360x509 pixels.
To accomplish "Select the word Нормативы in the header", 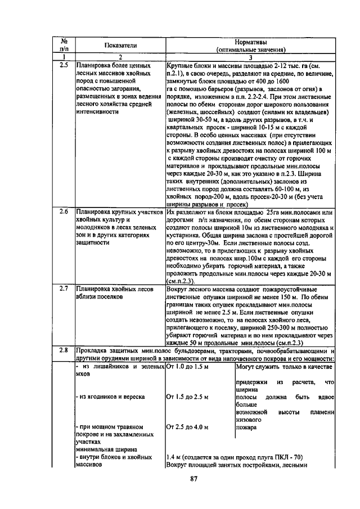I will [250, 42].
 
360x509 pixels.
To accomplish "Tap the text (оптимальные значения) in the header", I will [250, 49].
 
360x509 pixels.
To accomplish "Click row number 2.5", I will [64, 66].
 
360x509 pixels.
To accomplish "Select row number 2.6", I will [64, 213].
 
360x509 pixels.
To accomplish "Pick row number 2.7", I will [64, 289].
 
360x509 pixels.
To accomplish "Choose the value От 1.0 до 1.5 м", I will [187, 367].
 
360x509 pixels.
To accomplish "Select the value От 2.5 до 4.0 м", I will [187, 427].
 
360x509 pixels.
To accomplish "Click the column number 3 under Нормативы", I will [250, 57].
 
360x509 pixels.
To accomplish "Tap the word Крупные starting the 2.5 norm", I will [181, 66].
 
